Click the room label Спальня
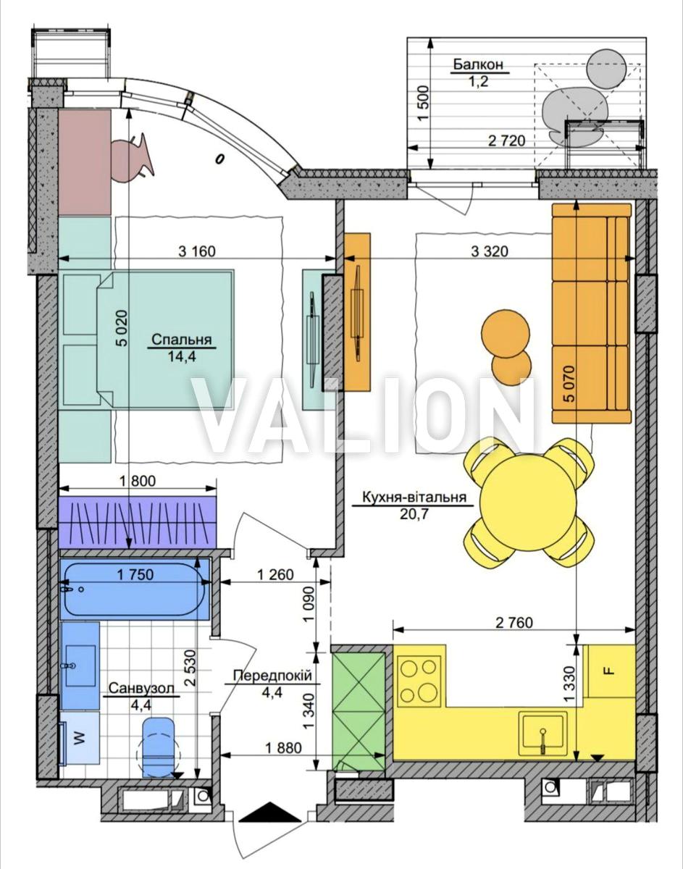(182, 340)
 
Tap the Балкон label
(478, 64)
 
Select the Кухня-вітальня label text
(414, 497)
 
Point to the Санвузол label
(141, 689)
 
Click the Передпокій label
(272, 676)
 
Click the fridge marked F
(609, 671)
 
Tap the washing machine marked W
(80, 738)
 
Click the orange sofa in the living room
(592, 314)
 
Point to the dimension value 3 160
(197, 251)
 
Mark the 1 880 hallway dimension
(284, 747)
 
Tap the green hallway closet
(359, 711)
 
